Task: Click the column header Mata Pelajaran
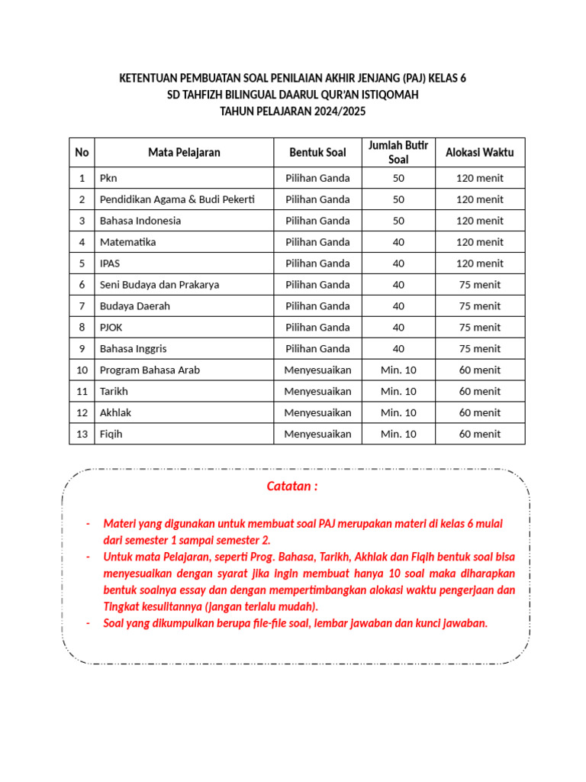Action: tap(184, 152)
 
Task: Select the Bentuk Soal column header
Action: tap(317, 152)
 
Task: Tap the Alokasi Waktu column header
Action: tap(479, 152)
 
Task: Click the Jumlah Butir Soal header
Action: tap(398, 152)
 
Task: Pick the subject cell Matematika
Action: tap(128, 242)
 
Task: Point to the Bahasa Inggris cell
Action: tap(134, 349)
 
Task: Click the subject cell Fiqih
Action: tap(111, 434)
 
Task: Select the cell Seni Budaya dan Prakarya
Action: tap(159, 285)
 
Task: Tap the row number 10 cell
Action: tap(82, 370)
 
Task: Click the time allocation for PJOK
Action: tap(479, 328)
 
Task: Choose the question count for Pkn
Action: tap(398, 179)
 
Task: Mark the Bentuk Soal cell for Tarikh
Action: tap(317, 392)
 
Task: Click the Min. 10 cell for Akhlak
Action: tap(398, 413)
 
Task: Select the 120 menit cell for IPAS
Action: tap(479, 263)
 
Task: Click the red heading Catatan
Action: tap(292, 486)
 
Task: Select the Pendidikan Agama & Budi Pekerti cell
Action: tap(177, 199)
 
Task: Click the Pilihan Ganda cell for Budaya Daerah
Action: tap(317, 306)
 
